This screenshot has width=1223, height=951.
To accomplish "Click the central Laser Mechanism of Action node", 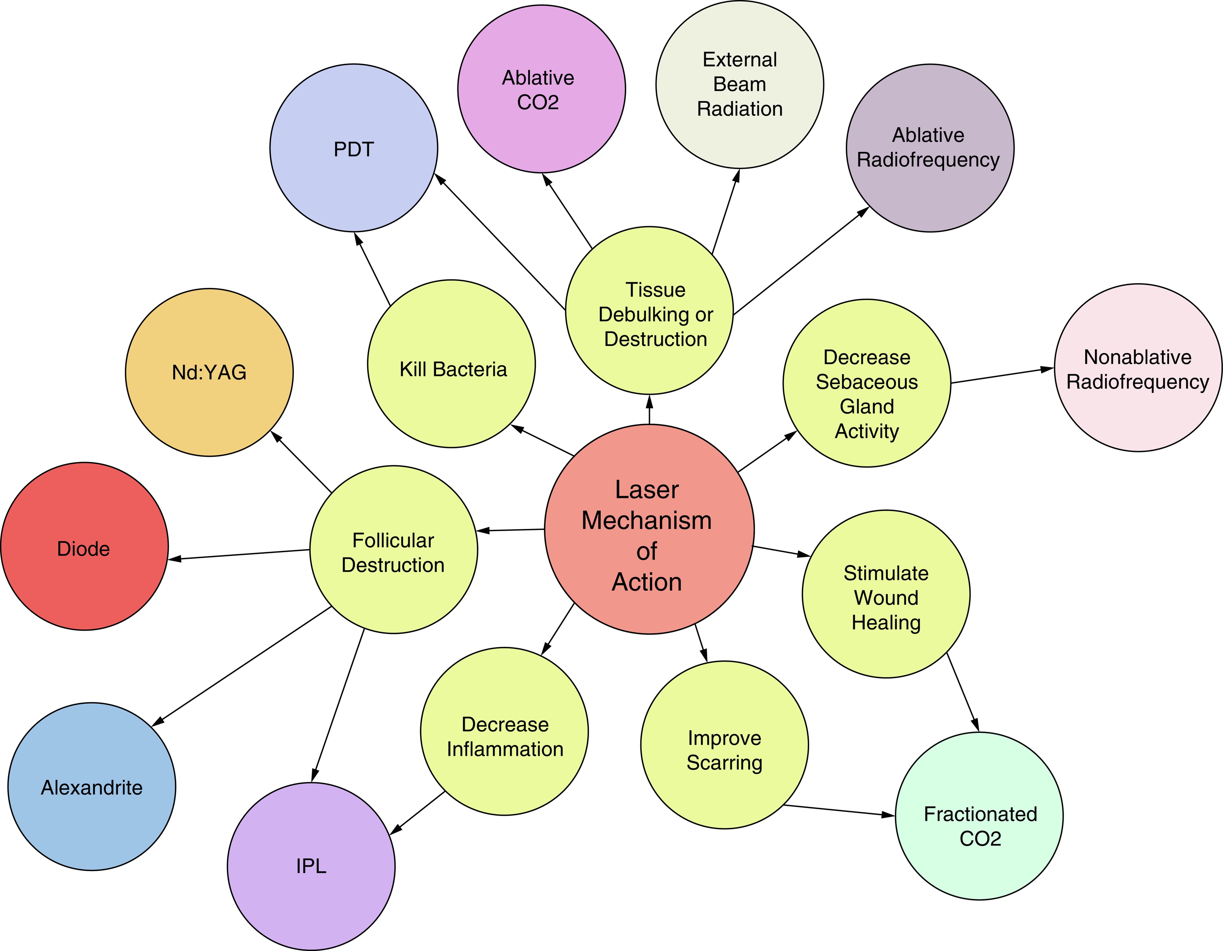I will pyautogui.click(x=649, y=529).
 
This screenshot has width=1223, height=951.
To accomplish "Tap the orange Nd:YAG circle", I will pyautogui.click(x=209, y=373).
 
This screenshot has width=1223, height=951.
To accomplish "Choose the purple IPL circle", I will pyautogui.click(x=311, y=866).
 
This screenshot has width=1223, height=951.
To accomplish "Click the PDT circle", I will pyautogui.click(x=353, y=148).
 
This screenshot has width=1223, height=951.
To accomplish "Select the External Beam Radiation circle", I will pyautogui.click(x=739, y=85).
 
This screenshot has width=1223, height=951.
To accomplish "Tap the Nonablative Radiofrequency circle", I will pyautogui.click(x=1138, y=368).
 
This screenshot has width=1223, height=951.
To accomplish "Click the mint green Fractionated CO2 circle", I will pyautogui.click(x=979, y=816).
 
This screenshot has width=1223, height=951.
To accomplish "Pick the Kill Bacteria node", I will pyautogui.click(x=452, y=364).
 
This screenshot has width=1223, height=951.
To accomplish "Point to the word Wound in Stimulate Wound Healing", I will pyautogui.click(x=886, y=598).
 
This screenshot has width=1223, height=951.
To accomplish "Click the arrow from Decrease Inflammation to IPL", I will pyautogui.click(x=418, y=813).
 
